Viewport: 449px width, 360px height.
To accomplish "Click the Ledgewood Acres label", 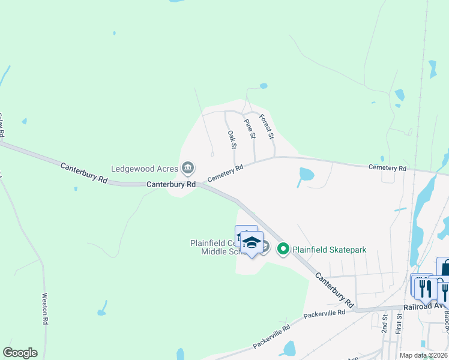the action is coord(145,168).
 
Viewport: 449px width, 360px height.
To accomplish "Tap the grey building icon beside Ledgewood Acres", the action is coord(188,167).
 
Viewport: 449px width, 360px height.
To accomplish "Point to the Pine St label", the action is coord(250,129).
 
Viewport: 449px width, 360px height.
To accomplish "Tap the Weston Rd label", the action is coord(45,308).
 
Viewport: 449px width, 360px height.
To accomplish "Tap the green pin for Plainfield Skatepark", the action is coord(283,248).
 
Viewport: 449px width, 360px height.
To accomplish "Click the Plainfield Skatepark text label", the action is coord(329,250).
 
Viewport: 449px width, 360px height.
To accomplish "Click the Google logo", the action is coord(20,353).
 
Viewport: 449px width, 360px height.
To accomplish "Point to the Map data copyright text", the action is coord(424,355).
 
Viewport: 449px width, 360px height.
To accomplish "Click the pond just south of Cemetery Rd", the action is coord(306,175).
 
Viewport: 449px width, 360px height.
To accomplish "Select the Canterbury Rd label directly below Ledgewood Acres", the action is coord(171,185).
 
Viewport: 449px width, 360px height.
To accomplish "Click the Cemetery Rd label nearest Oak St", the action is coord(226,175).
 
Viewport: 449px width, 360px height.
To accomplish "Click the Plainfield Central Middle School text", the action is coord(212,247).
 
